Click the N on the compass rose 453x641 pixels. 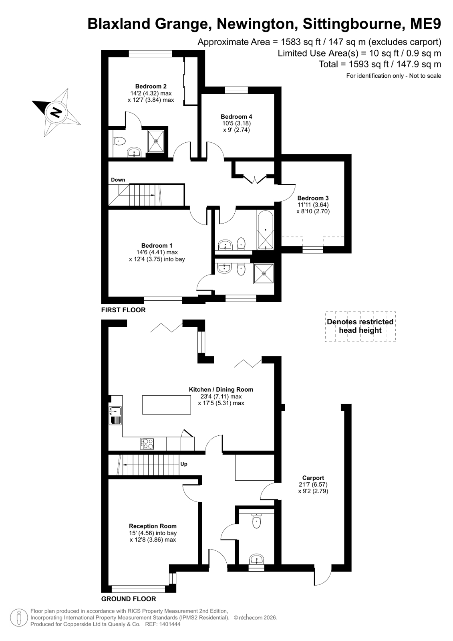pos(56,112)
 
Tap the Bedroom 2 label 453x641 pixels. pos(151,87)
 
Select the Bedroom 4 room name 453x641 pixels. pos(236,117)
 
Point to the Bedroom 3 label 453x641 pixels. pos(313,198)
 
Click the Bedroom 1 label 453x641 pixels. pos(157,245)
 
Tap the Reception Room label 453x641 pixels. pos(153,526)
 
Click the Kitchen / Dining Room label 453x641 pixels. pos(221,390)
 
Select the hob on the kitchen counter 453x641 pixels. pos(147,444)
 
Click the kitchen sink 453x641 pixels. pos(115,415)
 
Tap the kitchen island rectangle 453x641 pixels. pos(167,404)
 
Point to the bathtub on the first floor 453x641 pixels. pos(266,231)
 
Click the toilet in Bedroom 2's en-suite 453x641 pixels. pos(120,141)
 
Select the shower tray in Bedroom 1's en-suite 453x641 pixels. pos(264,274)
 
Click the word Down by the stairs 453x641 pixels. pos(118,180)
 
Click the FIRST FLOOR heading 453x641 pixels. pos(123,310)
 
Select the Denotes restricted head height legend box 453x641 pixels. pos(360,326)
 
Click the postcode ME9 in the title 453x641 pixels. pos(425,24)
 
